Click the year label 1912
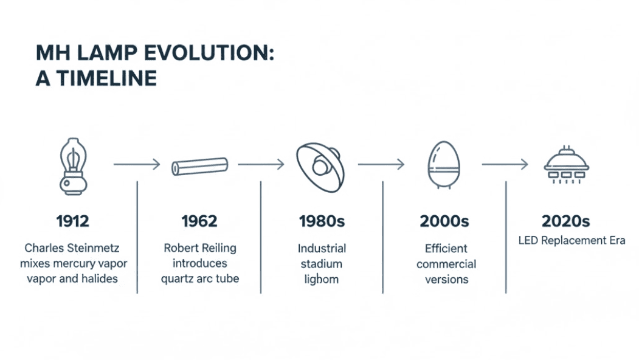tap(72, 221)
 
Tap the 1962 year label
tap(199, 221)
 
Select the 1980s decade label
tap(322, 221)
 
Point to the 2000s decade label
tap(444, 221)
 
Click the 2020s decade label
tap(566, 221)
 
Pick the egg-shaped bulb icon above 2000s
tap(443, 165)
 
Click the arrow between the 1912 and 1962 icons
tap(136, 164)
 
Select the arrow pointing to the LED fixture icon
tap(505, 164)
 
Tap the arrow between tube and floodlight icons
tap(261, 164)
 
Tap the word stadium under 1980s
tap(322, 264)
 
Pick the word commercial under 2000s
tap(446, 264)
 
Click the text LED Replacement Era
tap(572, 241)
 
